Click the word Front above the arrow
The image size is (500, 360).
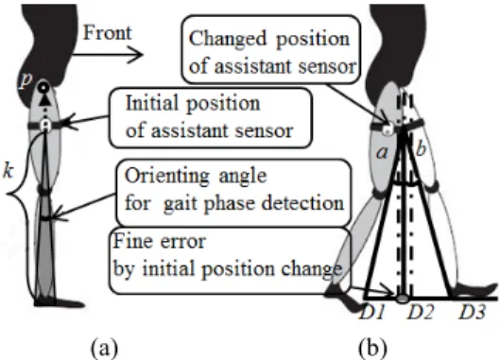pyautogui.click(x=107, y=33)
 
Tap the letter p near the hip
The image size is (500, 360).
pyautogui.click(x=25, y=80)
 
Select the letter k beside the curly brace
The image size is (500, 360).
pyautogui.click(x=9, y=171)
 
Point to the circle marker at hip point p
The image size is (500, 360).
pyautogui.click(x=43, y=87)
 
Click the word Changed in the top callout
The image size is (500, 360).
pyautogui.click(x=228, y=40)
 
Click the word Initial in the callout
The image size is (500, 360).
pyautogui.click(x=152, y=103)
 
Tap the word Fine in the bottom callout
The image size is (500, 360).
pyautogui.click(x=127, y=241)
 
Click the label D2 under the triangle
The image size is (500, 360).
pyautogui.click(x=421, y=312)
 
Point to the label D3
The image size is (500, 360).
pyautogui.click(x=473, y=312)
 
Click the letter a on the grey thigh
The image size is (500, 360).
pyautogui.click(x=383, y=153)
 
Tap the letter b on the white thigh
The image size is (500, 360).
pyautogui.click(x=421, y=148)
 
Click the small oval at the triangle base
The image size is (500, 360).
pyautogui.click(x=403, y=299)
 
